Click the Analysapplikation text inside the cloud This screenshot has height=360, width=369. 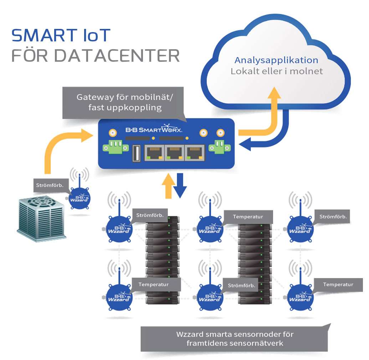tap(276, 60)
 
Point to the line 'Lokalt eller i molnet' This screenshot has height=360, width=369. tap(277, 71)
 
